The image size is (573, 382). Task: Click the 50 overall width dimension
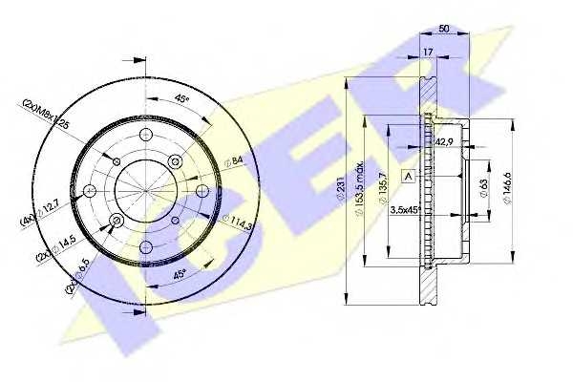point(446,30)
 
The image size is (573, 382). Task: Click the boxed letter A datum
point(409,176)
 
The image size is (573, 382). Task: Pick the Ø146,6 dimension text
point(520,185)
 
